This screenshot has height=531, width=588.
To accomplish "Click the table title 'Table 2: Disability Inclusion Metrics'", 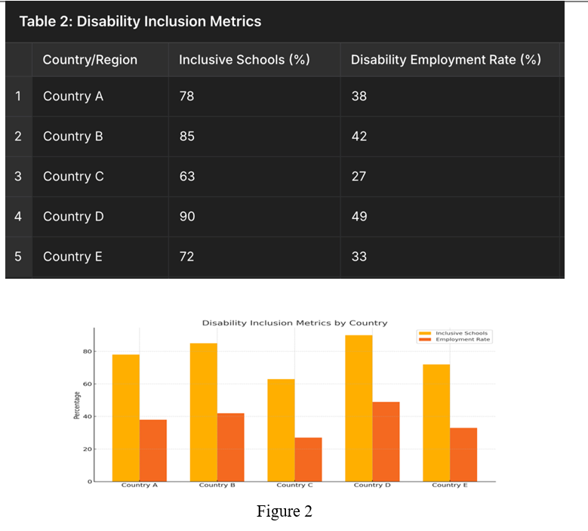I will tap(140, 21).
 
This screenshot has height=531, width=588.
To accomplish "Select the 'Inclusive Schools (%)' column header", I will tap(244, 60).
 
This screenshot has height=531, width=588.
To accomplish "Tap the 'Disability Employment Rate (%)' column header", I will tap(445, 60).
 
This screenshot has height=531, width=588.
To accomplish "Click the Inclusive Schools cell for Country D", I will tap(187, 217).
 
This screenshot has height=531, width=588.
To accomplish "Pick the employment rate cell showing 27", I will tap(359, 177).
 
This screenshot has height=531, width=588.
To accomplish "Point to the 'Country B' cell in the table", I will tap(73, 137).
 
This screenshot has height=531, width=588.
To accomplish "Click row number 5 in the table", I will tap(18, 257).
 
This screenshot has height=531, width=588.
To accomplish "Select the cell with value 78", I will tap(187, 97).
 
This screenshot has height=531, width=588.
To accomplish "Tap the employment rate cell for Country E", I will tap(359, 257).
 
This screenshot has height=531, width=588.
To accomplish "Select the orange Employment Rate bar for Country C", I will tap(308, 458).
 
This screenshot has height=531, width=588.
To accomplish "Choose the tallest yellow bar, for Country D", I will tap(359, 408).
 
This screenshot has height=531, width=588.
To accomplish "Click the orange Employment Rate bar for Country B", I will tap(230, 446).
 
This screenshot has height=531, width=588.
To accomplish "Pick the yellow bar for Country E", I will tap(436, 422).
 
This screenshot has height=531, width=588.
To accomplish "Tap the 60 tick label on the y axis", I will tap(87, 384).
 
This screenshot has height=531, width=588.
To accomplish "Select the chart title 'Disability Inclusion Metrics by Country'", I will tap(294, 323).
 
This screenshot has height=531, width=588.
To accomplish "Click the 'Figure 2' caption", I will tap(284, 511).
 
